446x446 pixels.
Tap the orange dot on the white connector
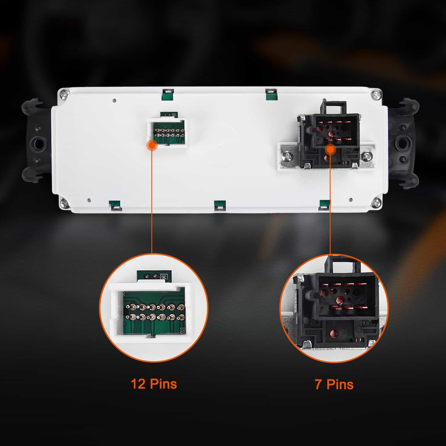tap(152, 145)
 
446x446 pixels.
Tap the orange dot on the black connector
tap(330, 149)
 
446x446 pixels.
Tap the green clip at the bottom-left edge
tap(115, 205)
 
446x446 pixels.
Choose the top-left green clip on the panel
tap(168, 94)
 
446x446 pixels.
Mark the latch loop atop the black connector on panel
tap(334, 107)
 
